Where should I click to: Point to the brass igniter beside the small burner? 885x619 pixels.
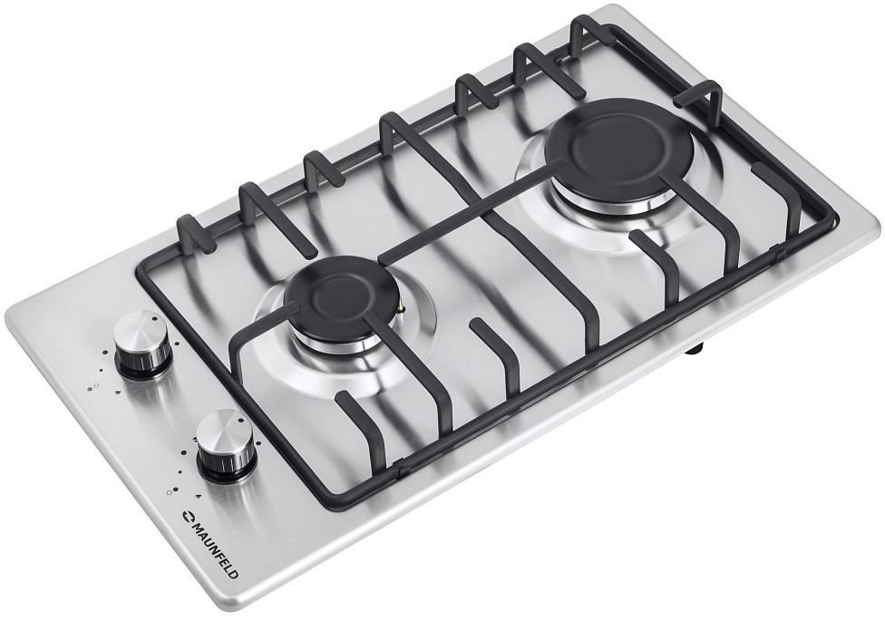[x=402, y=307]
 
